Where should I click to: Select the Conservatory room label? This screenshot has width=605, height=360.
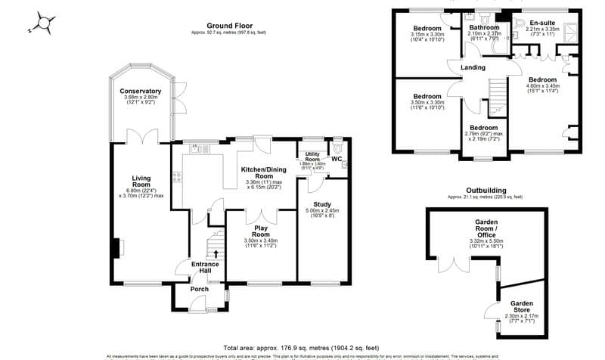coord(140,91)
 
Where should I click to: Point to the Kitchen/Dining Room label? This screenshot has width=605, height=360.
coord(262,171)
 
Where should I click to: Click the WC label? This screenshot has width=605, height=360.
coord(337,159)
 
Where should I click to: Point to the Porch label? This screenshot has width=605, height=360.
coord(200,289)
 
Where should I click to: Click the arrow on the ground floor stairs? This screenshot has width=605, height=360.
coord(216,254)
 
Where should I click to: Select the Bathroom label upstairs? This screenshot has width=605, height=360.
coord(484,27)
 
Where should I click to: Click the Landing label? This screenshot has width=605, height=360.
coord(473,68)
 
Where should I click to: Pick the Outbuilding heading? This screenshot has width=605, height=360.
coord(486,191)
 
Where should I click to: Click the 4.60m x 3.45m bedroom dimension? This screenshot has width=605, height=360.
coord(542,86)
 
